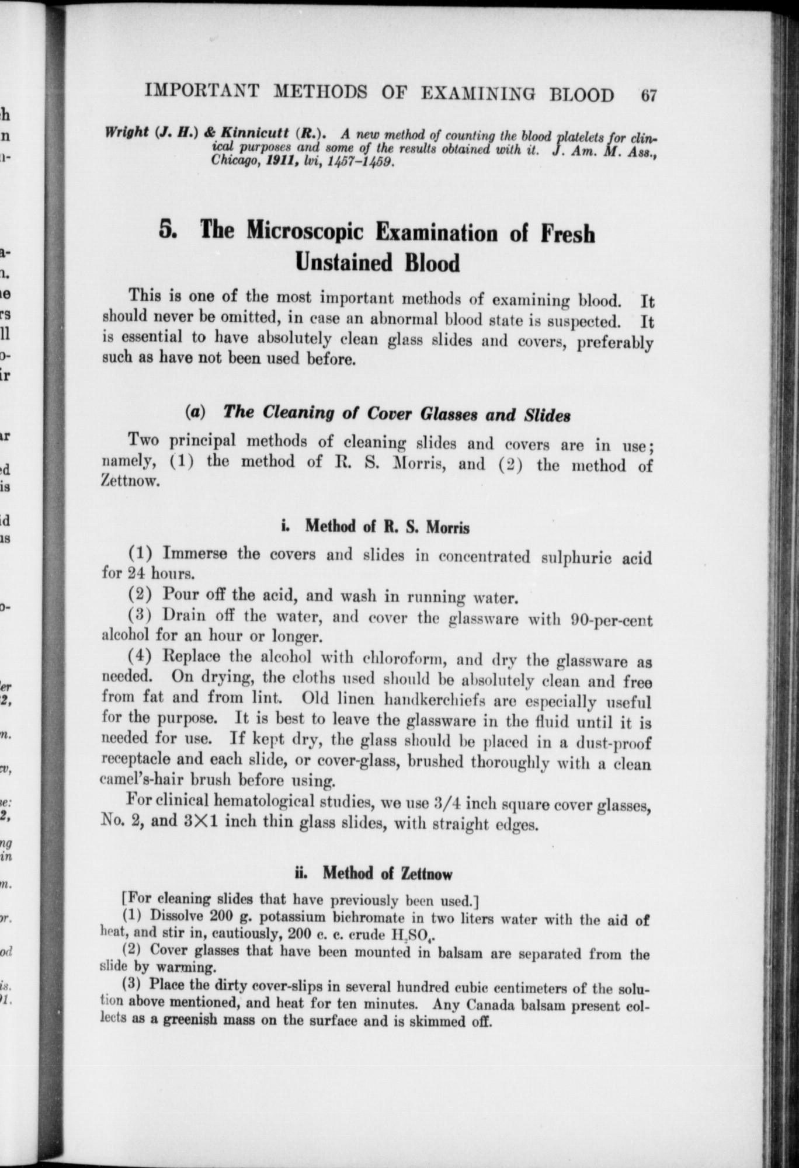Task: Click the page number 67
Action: pos(648,95)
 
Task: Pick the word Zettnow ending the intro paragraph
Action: pos(129,482)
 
